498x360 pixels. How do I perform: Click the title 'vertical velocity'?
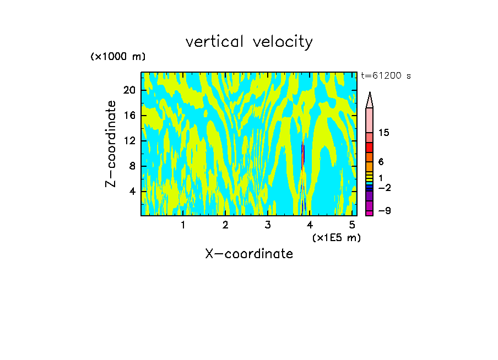pyautogui.click(x=249, y=42)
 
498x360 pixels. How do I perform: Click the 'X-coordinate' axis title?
pyautogui.click(x=249, y=254)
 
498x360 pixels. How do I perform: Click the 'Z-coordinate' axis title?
pyautogui.click(x=111, y=144)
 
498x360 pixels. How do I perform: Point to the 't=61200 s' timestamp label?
pyautogui.click(x=386, y=76)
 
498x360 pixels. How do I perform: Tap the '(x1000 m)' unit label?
pyautogui.click(x=118, y=57)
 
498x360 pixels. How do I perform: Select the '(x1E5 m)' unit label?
pyautogui.click(x=336, y=238)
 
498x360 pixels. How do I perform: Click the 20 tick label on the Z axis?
pyautogui.click(x=129, y=90)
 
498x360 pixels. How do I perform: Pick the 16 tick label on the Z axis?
pyautogui.click(x=129, y=116)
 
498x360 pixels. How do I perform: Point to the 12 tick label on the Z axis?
pyautogui.click(x=129, y=141)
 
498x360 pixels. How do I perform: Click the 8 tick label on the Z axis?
pyautogui.click(x=132, y=166)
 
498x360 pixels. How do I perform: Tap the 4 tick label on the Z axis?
pyautogui.click(x=132, y=192)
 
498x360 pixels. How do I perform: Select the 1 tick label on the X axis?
pyautogui.click(x=183, y=225)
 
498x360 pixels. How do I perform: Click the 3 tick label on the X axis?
pyautogui.click(x=268, y=225)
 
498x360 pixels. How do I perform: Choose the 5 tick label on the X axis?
pyautogui.click(x=353, y=225)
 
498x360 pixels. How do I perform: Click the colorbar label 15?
pyautogui.click(x=384, y=133)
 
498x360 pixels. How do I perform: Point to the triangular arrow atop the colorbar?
pyautogui.click(x=370, y=100)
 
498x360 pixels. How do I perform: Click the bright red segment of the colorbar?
pyautogui.click(x=370, y=148)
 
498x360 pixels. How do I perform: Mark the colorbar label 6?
pyautogui.click(x=381, y=162)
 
